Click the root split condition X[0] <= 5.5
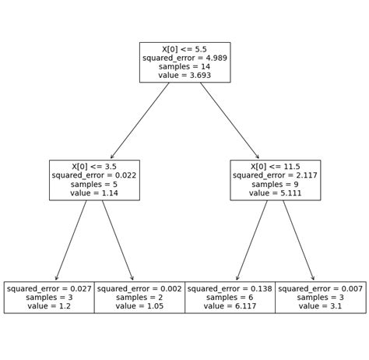tap(184, 48)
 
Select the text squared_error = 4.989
tap(184, 58)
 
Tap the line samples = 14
tap(184, 67)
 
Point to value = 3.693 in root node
tap(184, 76)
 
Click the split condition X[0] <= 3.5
tap(94, 166)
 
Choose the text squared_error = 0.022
tap(94, 175)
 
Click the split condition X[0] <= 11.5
tap(275, 166)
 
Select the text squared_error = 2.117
tap(275, 175)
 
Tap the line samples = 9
tap(275, 185)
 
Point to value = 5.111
tap(275, 194)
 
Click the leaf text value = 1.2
tap(49, 307)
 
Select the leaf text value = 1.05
tap(139, 307)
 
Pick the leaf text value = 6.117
tap(230, 307)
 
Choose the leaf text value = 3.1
tap(320, 307)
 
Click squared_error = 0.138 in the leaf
tap(230, 288)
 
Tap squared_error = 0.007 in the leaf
tap(320, 288)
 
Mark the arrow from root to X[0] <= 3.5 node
tap(140, 121)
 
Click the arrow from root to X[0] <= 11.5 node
tap(230, 121)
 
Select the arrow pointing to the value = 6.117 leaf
tap(251, 241)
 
